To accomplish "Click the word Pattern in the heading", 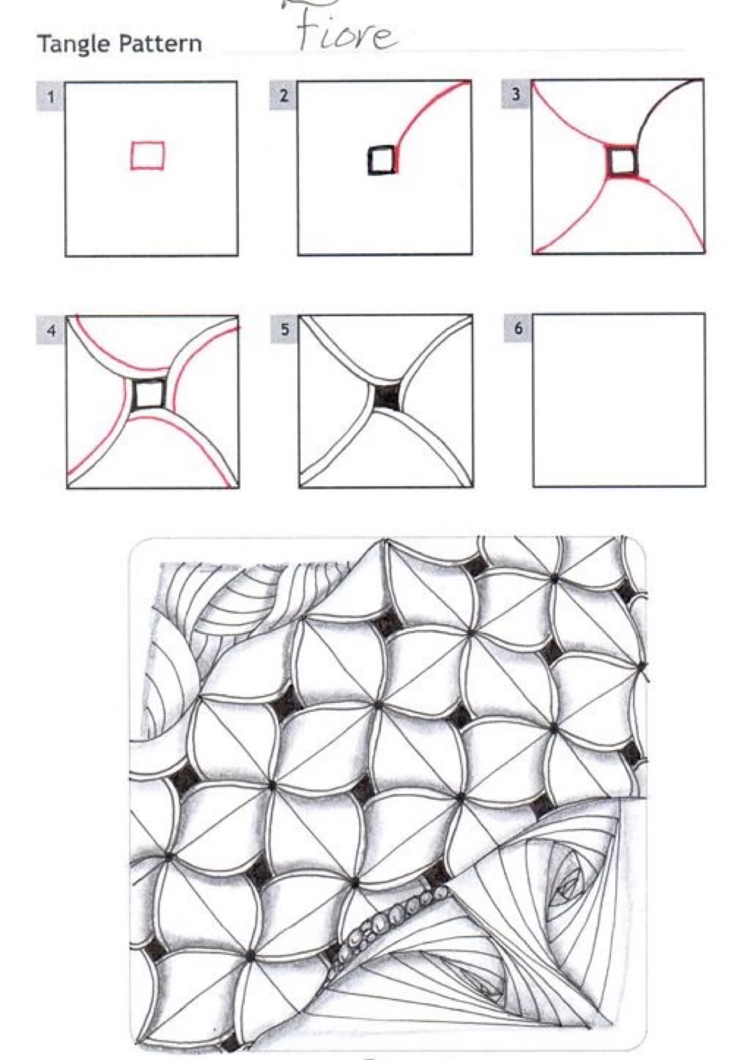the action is pos(160,43).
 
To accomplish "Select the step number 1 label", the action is pos(50,97).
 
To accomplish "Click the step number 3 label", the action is pos(516,94).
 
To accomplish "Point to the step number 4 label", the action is pos(51,330).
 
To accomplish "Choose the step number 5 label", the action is pos(284,329).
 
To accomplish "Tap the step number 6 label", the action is pos(518,328).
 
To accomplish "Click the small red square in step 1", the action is pos(147,155).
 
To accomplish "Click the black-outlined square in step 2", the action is pos(381,161).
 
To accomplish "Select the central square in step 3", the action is pos(622,162).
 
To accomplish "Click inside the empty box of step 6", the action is pos(619,400).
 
